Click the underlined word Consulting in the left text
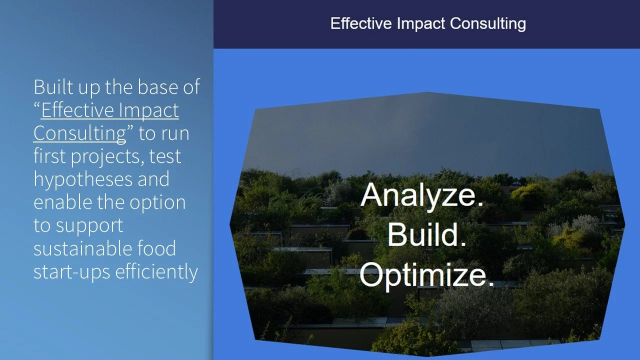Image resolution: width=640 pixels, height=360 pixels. pyautogui.click(x=79, y=133)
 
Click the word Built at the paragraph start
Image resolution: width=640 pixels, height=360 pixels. pyautogui.click(x=51, y=87)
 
